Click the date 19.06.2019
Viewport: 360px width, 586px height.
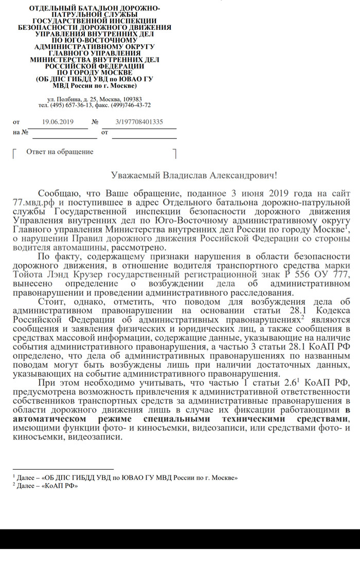(x=58, y=122)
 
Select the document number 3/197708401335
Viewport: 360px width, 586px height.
(x=139, y=122)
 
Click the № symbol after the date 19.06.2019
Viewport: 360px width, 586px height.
(x=95, y=122)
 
